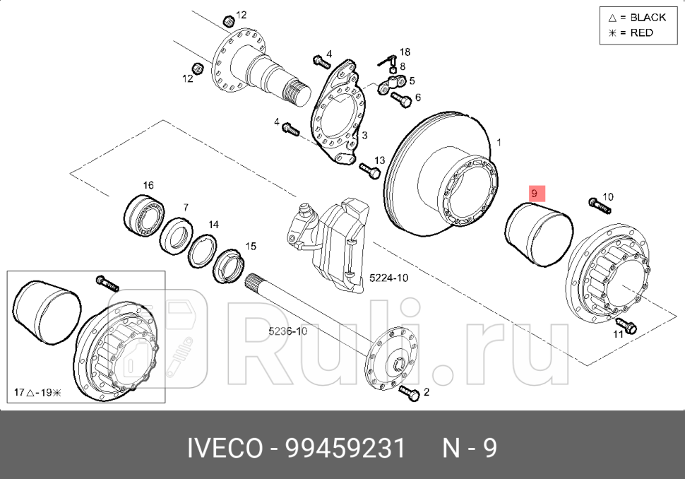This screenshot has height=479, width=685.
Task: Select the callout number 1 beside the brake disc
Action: tap(499, 143)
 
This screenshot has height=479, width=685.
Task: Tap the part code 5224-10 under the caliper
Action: tap(388, 278)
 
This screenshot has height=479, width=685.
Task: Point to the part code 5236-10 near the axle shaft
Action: tap(287, 331)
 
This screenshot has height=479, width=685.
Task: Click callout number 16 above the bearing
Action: tap(148, 186)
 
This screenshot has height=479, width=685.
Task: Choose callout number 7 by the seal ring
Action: tap(185, 208)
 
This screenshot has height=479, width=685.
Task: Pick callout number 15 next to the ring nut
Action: tap(250, 247)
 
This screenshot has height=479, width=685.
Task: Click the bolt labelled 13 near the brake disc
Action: tap(369, 169)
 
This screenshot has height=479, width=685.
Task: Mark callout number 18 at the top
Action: tap(404, 52)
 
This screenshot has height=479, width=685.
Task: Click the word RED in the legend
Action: tap(641, 33)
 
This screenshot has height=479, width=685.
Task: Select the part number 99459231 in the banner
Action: tap(345, 448)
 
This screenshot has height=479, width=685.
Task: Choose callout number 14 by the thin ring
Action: tap(213, 225)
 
